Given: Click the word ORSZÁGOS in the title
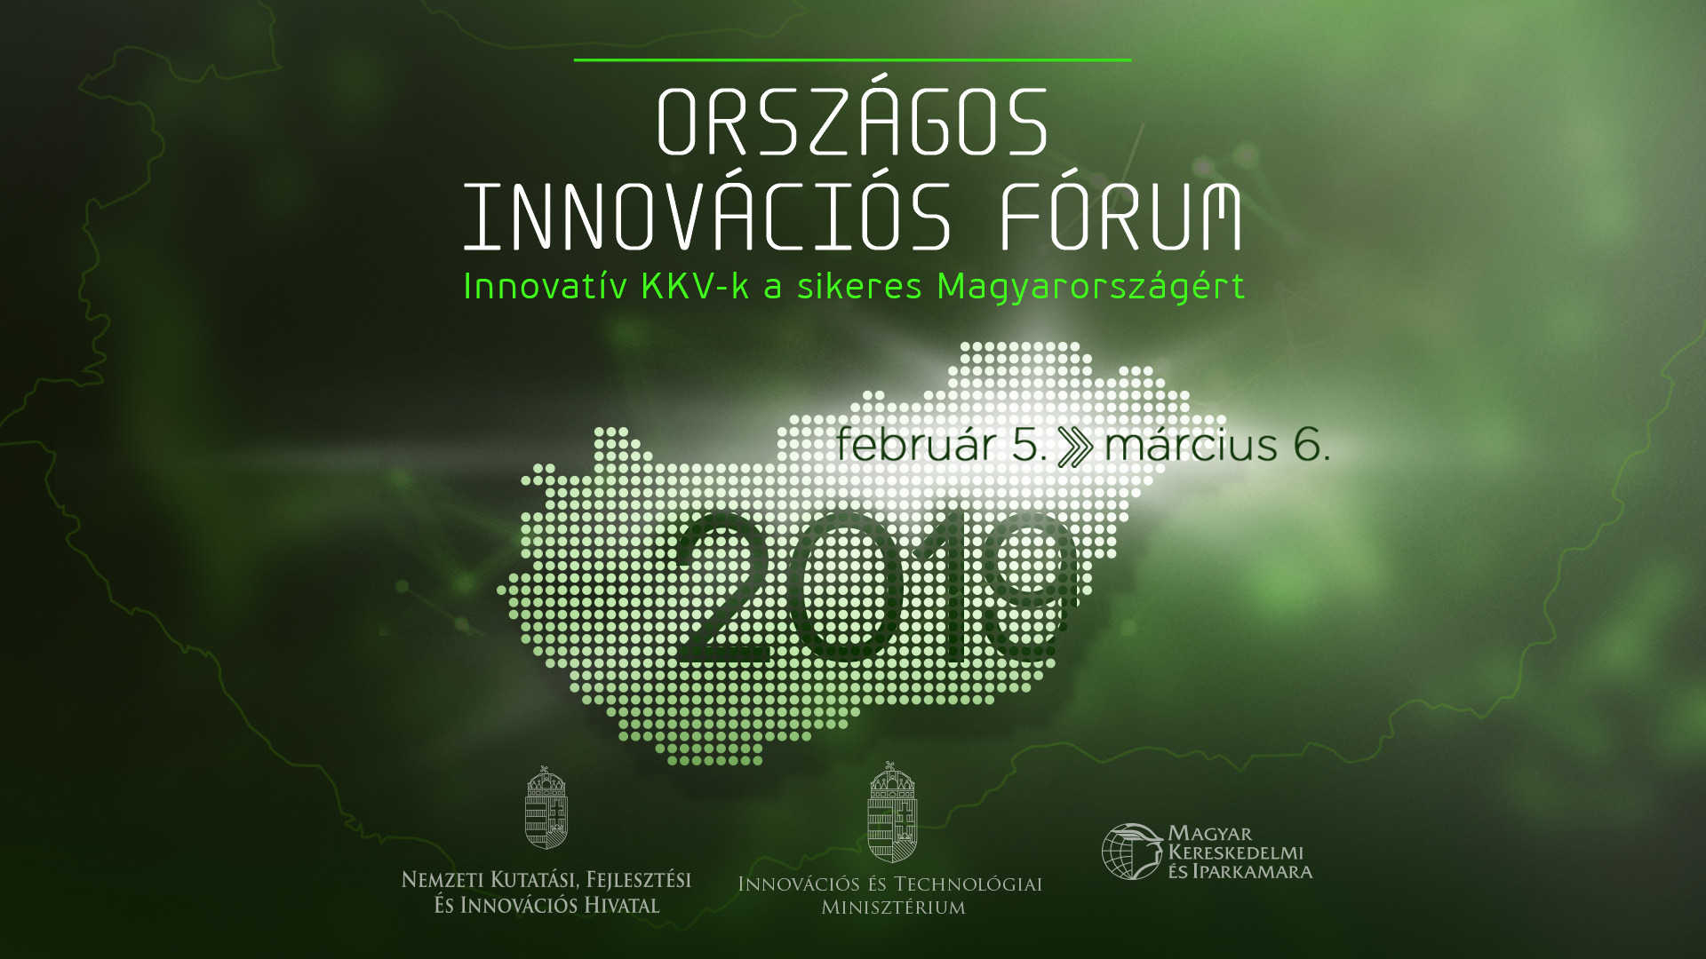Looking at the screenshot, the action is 853,121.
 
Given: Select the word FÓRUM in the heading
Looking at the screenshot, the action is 1120,216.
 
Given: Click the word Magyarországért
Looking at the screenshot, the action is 1091,288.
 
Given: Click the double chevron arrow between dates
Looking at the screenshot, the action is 1076,447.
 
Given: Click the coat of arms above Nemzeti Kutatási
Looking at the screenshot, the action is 546,808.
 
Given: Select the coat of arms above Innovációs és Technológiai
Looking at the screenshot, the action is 892,812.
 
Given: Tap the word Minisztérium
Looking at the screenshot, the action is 893,907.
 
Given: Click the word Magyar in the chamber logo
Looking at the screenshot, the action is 1210,834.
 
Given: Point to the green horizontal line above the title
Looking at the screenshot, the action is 853,59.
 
